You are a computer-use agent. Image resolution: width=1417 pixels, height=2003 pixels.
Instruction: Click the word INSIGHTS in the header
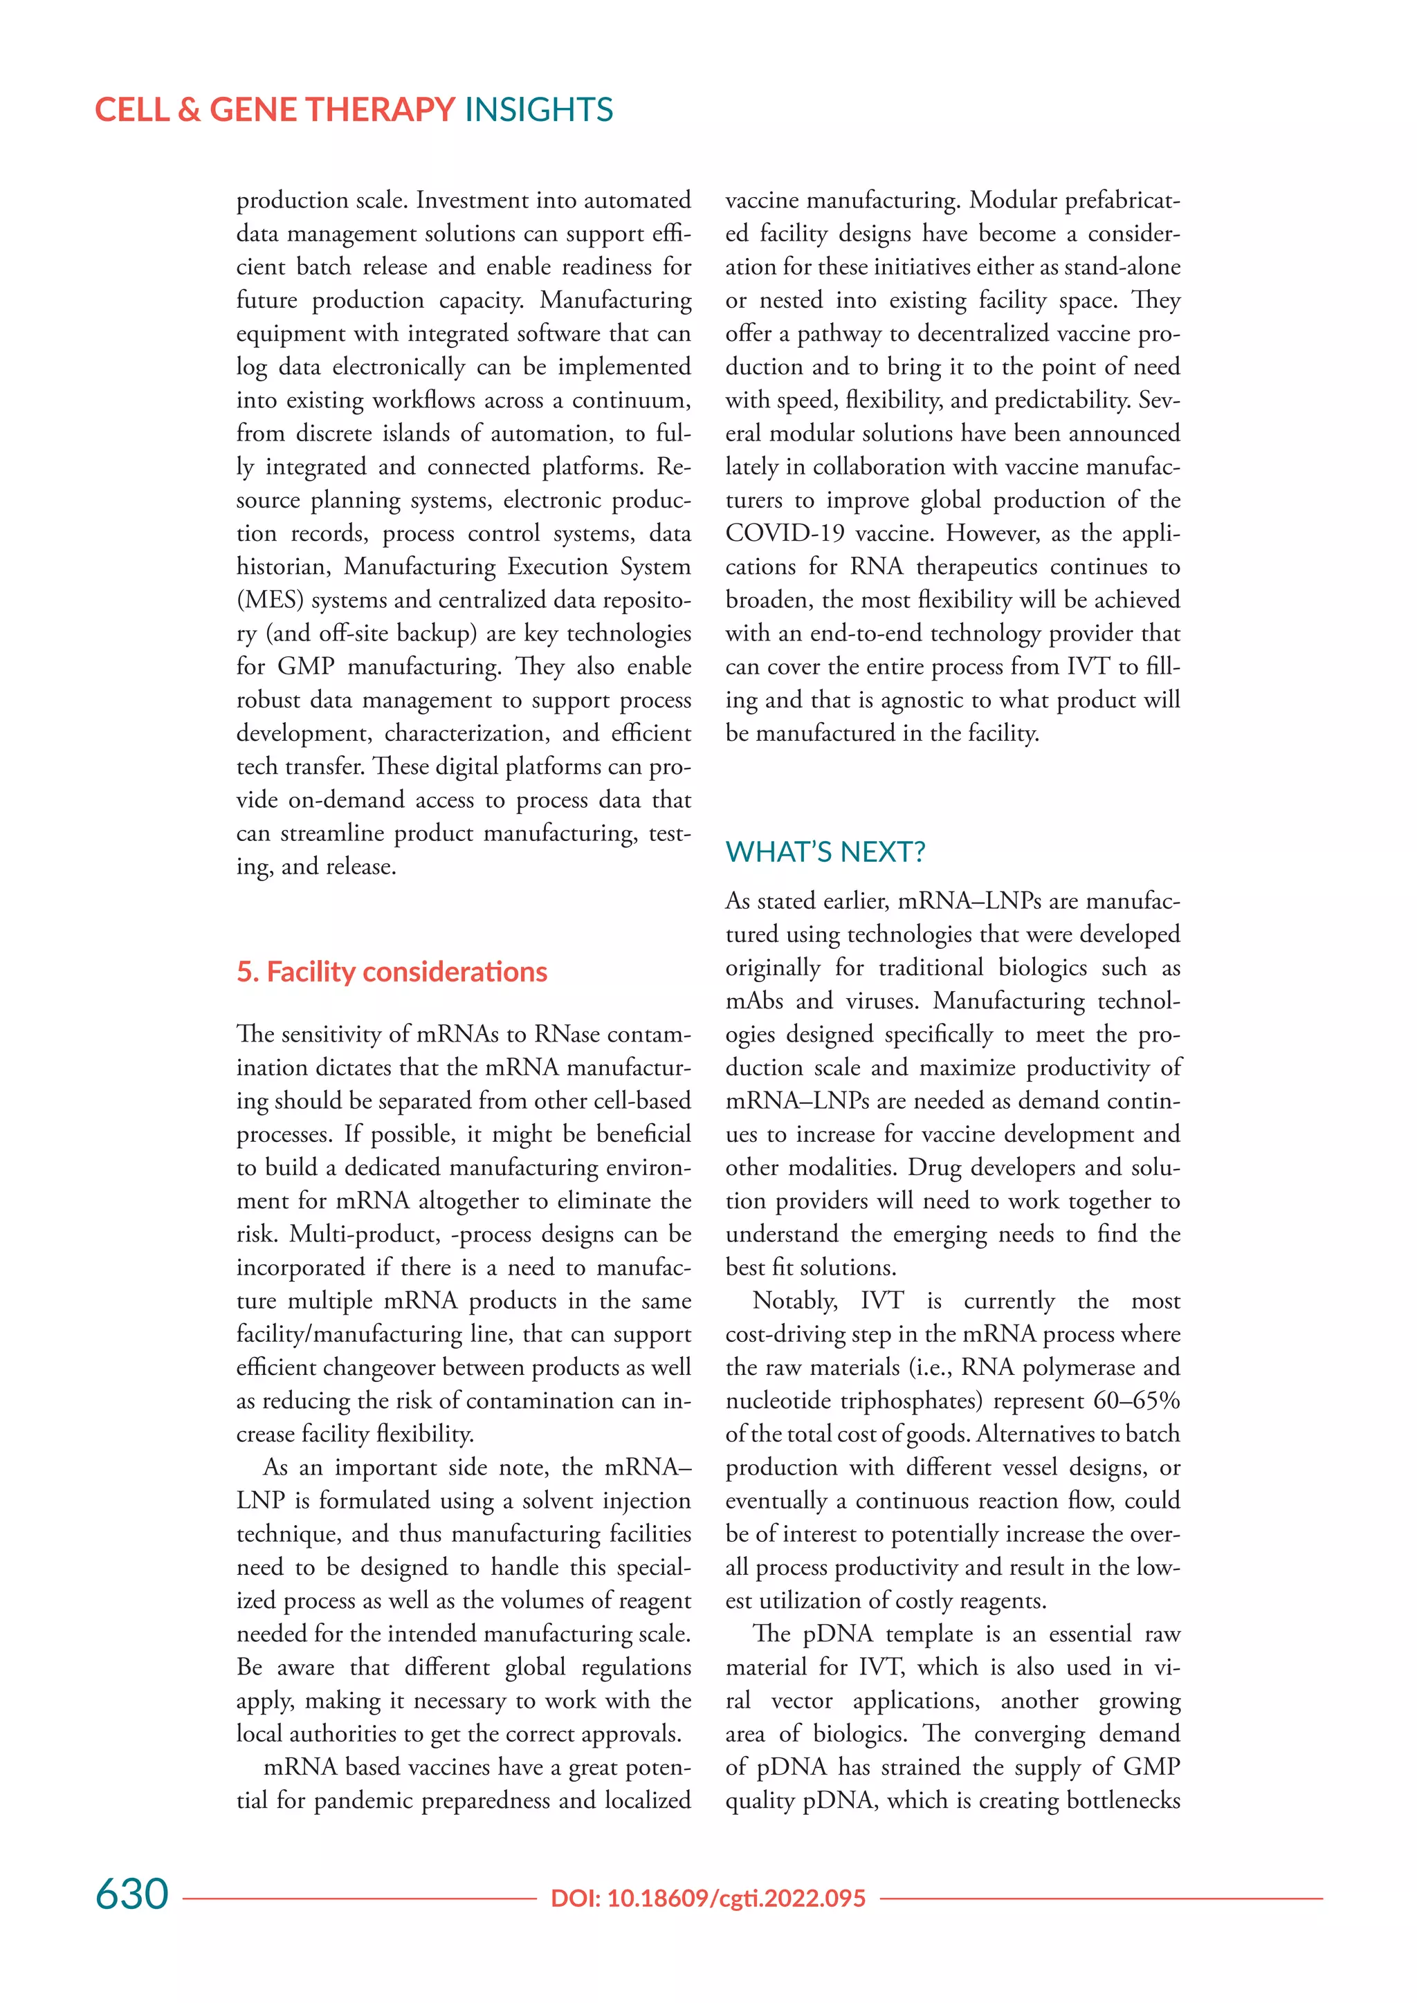coord(538,110)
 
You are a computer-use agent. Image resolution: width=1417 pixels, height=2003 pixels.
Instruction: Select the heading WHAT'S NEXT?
coord(825,851)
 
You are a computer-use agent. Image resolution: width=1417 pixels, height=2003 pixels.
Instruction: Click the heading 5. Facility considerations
coord(392,972)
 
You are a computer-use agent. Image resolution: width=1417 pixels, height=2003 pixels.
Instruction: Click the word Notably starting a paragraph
coord(794,1301)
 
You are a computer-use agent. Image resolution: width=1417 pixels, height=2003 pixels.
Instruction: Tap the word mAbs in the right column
coord(755,1001)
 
